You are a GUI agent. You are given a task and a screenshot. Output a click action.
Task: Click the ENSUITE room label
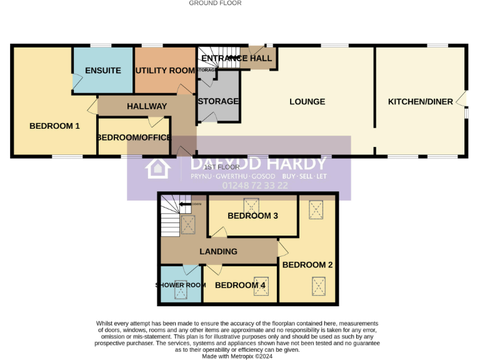coord(103,71)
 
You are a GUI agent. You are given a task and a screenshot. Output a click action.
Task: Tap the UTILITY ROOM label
coord(166,71)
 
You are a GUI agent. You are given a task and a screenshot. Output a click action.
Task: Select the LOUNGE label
coord(307,102)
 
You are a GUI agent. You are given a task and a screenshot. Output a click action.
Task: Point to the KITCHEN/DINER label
coord(420,102)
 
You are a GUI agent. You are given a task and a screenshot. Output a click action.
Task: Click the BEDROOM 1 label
coord(54,126)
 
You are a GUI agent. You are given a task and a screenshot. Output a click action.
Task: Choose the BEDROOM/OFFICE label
coord(134,137)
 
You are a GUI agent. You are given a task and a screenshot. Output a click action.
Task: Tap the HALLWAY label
coord(147,107)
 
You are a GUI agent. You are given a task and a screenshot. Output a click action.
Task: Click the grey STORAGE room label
coord(218,101)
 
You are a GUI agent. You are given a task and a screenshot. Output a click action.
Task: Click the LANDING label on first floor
coord(218,252)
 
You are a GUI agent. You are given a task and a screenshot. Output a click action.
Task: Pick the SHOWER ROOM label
coord(181,286)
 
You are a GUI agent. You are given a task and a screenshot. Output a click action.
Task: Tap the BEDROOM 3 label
coord(252,216)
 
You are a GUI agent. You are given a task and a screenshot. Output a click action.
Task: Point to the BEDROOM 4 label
coord(240,286)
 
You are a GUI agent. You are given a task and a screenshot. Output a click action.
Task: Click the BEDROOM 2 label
coord(307,265)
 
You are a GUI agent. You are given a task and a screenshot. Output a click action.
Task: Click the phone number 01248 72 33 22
coord(255,186)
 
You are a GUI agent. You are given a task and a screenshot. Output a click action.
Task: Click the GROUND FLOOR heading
coord(215,3)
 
